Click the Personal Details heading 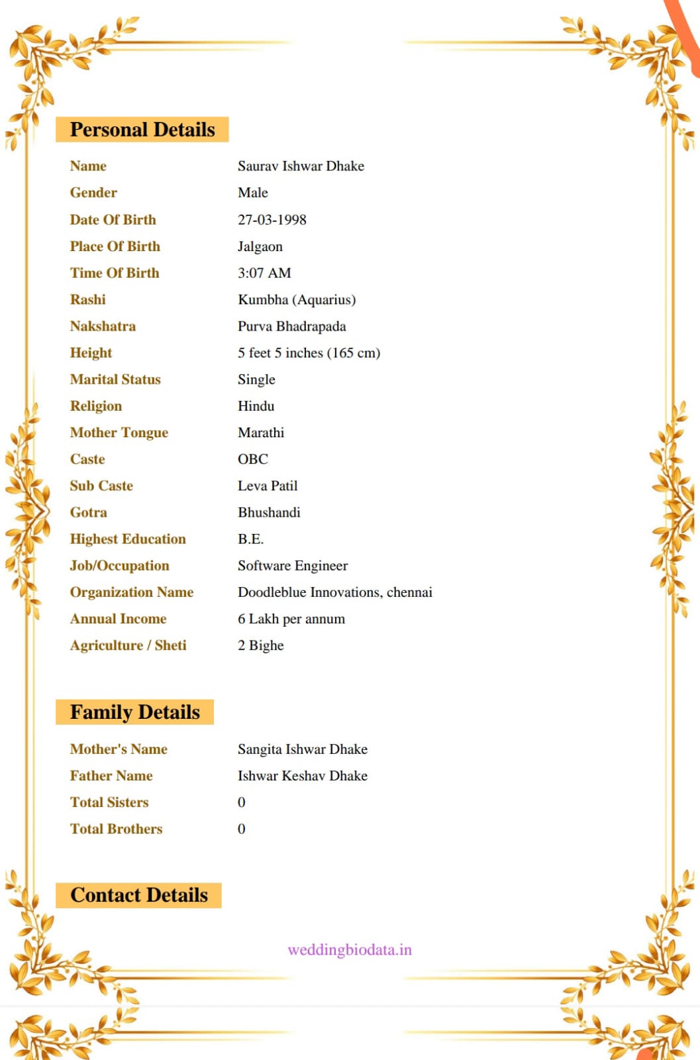142,130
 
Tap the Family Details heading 135,712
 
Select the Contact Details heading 139,895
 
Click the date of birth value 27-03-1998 272,220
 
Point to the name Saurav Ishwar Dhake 301,166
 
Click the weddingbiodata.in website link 350,950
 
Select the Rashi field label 88,299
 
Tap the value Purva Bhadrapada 292,327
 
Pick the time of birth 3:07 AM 264,273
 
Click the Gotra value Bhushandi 269,513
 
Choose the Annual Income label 119,619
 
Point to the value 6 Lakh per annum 291,619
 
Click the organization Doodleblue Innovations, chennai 335,592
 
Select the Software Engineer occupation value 293,566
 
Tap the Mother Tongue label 119,433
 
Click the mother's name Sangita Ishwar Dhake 303,749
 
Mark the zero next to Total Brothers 242,829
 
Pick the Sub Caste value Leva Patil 268,486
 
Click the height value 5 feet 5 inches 309,353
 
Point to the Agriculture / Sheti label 128,645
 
